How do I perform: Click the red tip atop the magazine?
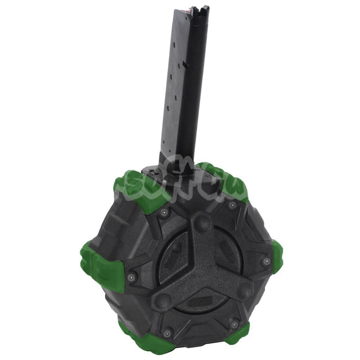click(x=191, y=8)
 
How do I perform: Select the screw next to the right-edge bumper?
click(x=266, y=261)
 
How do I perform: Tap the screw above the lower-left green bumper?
click(x=167, y=331)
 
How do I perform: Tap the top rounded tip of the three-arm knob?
click(x=201, y=222)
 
